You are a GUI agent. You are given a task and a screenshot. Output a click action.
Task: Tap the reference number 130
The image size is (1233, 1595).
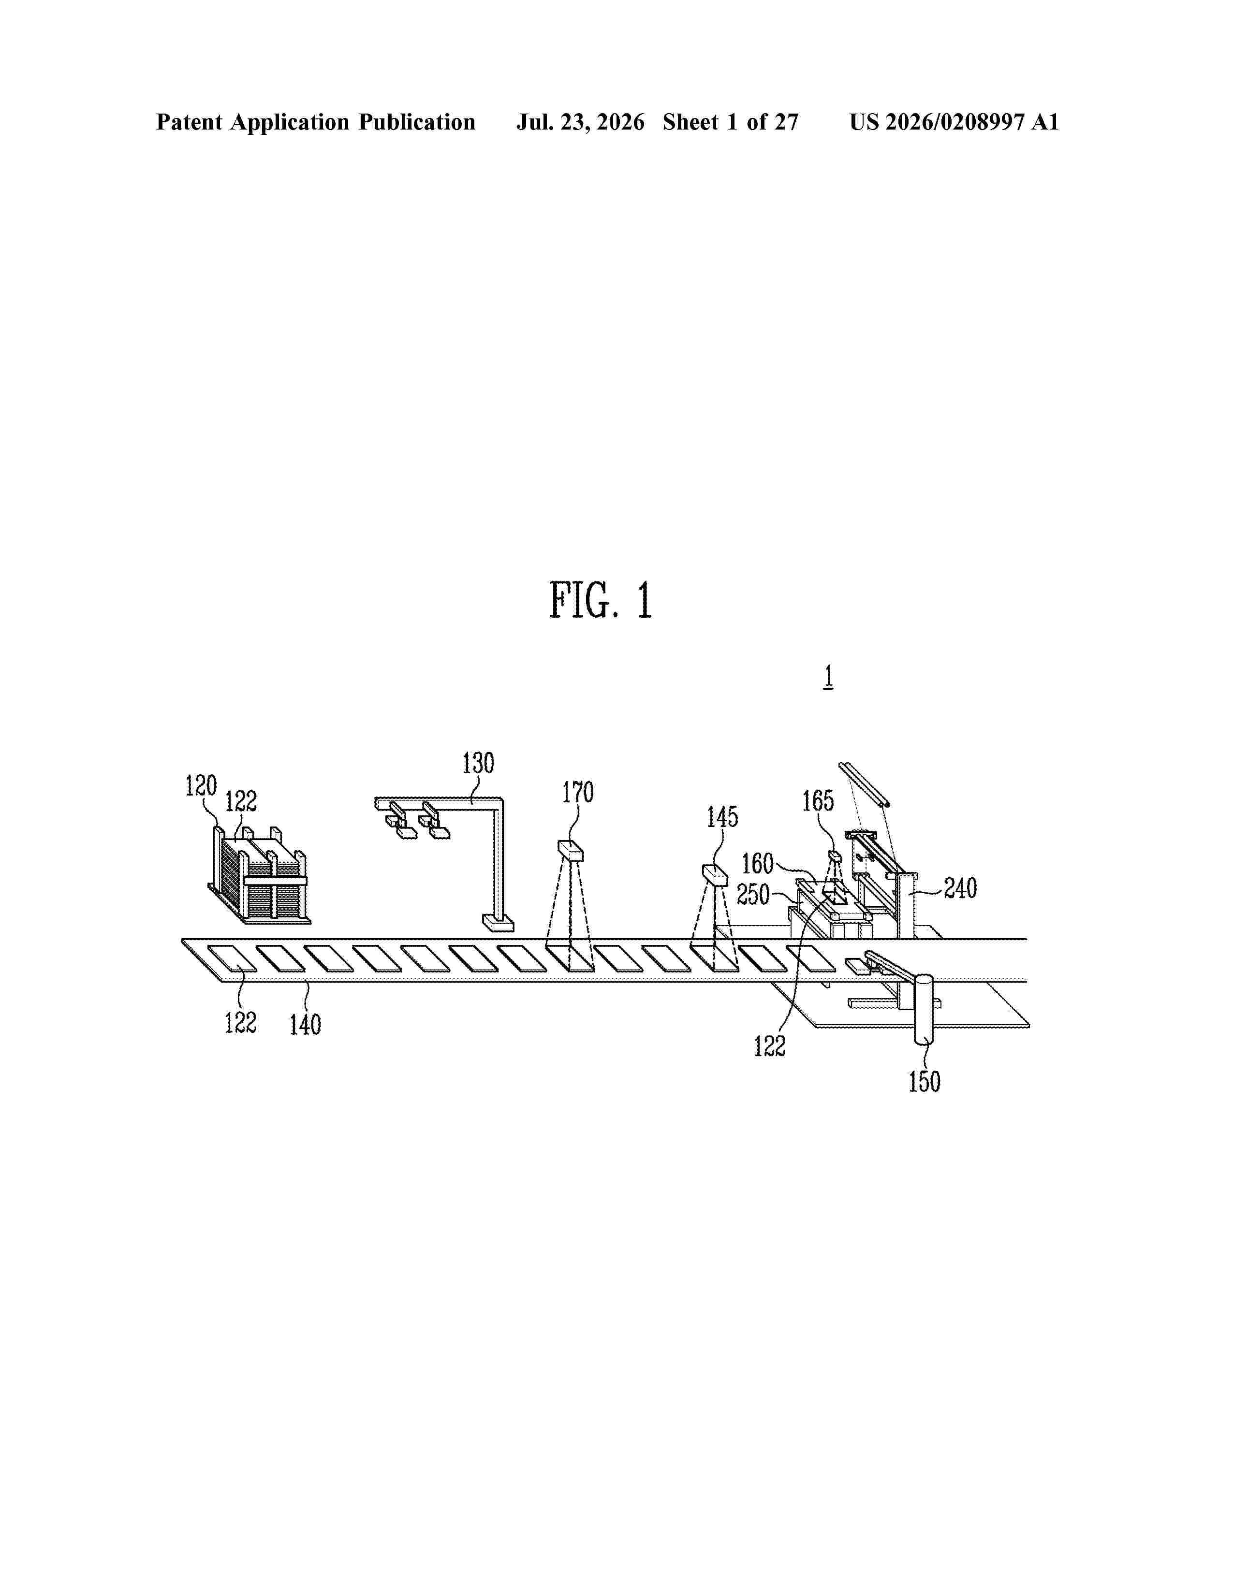point(478,763)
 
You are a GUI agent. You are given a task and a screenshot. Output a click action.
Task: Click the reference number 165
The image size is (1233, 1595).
point(818,801)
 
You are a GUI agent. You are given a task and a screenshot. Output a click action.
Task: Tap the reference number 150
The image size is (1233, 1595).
point(924,1082)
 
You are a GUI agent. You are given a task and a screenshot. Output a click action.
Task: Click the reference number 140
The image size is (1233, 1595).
point(305,1025)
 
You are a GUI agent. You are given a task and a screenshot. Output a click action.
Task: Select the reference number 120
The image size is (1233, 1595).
point(201,786)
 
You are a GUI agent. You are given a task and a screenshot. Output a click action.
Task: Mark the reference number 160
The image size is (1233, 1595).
point(758,864)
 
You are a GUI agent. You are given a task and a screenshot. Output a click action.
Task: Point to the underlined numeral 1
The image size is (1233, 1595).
point(828,677)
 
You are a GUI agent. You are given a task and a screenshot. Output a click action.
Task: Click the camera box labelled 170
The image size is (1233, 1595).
point(571,852)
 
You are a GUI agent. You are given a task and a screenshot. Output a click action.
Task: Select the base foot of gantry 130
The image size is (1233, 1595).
point(498,923)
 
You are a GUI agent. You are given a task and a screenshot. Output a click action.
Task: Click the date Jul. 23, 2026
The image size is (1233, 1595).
point(581,122)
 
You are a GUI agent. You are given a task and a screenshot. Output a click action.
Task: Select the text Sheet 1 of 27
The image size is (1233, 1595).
point(731,122)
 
